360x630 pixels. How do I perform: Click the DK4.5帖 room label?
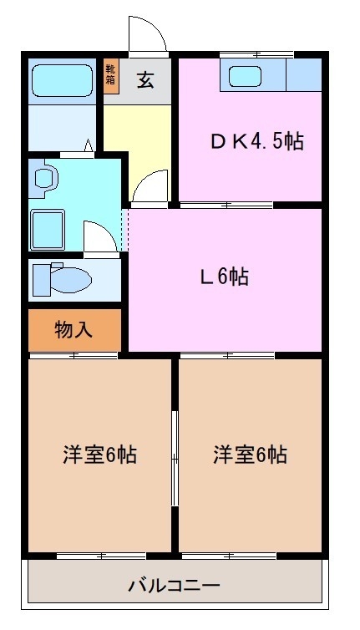click(x=255, y=141)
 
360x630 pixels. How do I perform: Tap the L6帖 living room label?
click(x=223, y=277)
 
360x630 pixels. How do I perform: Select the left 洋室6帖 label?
click(x=99, y=455)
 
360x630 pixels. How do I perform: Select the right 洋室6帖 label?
click(x=250, y=455)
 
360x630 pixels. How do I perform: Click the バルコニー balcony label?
click(x=174, y=585)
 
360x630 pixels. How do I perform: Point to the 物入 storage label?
click(x=74, y=330)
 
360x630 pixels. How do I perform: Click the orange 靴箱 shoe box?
click(x=110, y=75)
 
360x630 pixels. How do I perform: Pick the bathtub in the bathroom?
click(x=61, y=82)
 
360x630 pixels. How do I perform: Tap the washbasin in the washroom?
click(x=44, y=178)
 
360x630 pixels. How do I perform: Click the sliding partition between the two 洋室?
click(x=175, y=458)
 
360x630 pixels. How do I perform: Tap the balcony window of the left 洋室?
click(x=100, y=555)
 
